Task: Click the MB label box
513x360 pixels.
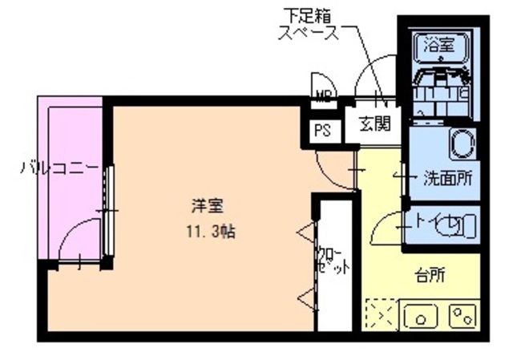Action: coord(322,99)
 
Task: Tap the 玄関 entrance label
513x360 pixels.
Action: coord(374,124)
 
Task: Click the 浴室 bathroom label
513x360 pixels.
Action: coord(439,46)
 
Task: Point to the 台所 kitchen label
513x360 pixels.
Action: coord(430,276)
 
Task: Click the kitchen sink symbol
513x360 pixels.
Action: coord(422,314)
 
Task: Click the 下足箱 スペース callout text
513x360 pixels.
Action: coord(308,25)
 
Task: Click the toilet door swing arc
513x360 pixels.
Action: coord(387,227)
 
